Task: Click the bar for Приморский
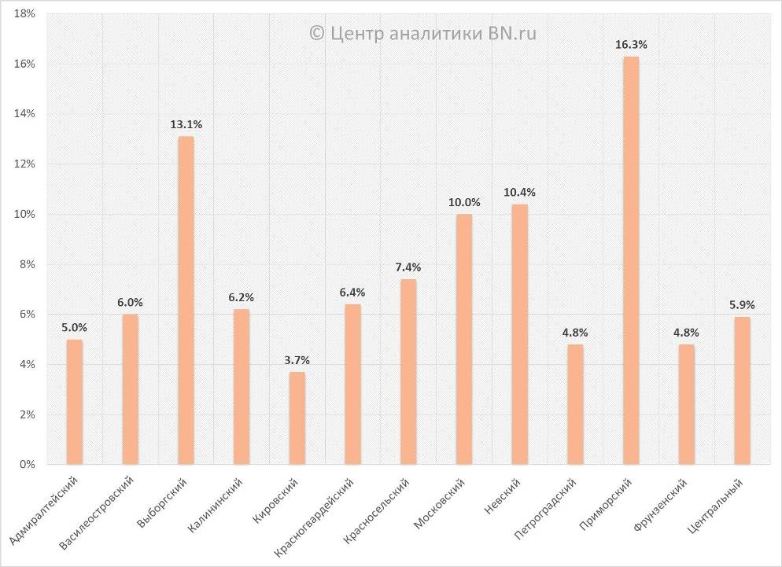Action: pyautogui.click(x=631, y=260)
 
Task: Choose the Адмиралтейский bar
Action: pyautogui.click(x=74, y=402)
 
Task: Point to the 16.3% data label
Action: pyautogui.click(x=631, y=45)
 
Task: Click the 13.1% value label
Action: pyautogui.click(x=186, y=124)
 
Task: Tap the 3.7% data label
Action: pyautogui.click(x=297, y=360)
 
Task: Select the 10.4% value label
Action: pyautogui.click(x=519, y=192)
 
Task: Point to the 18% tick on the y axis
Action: pyautogui.click(x=24, y=13)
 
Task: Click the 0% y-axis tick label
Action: pyautogui.click(x=27, y=465)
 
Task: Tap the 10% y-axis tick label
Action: pyautogui.click(x=24, y=214)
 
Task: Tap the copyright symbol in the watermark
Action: pyautogui.click(x=317, y=32)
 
